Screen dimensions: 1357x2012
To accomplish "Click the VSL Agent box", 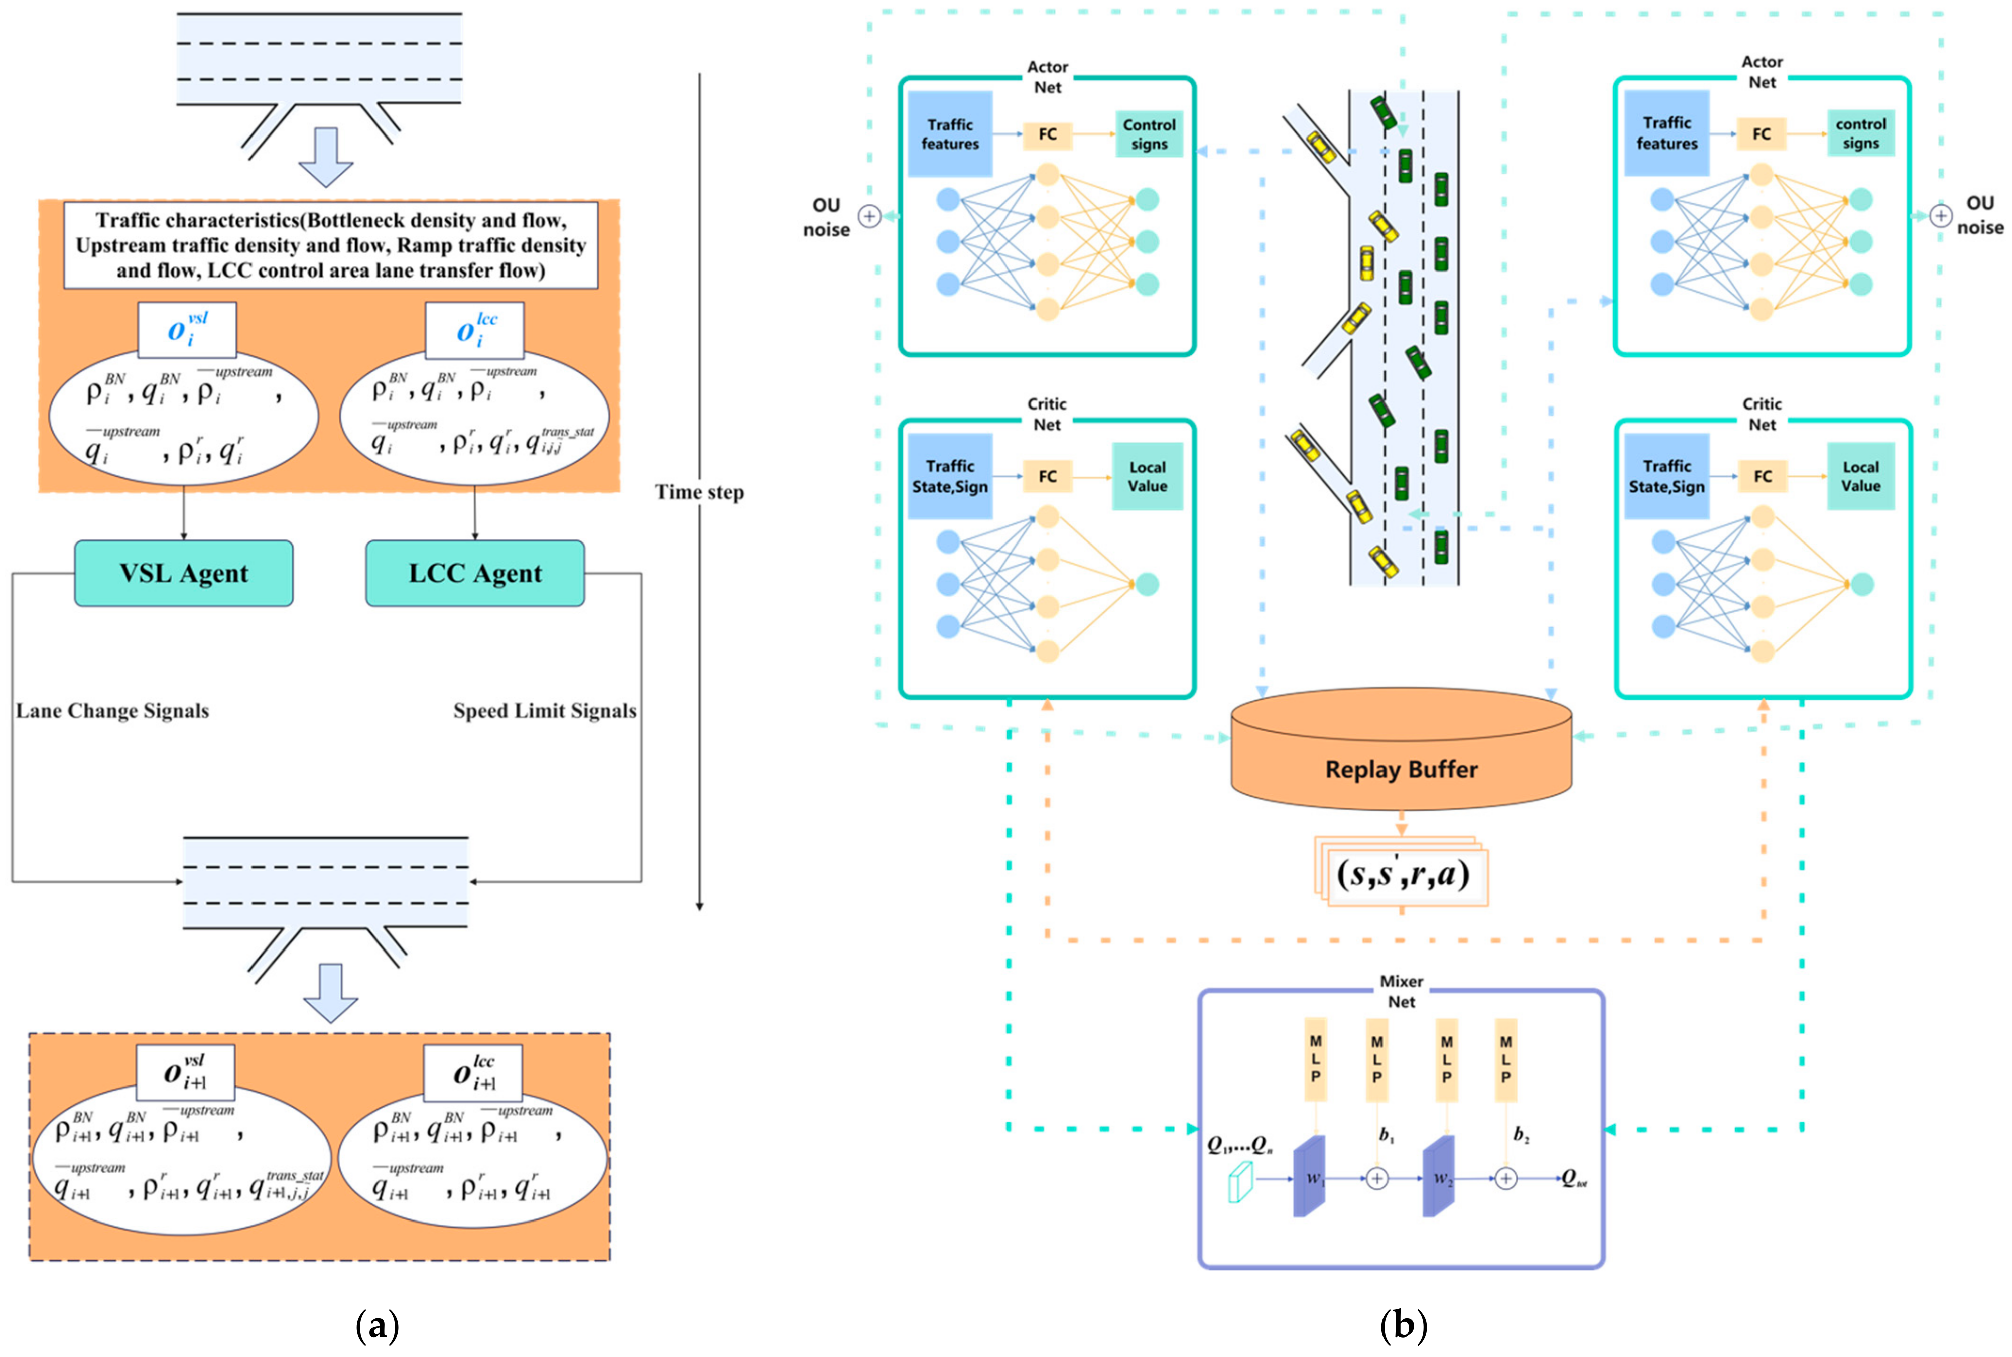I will (x=184, y=573).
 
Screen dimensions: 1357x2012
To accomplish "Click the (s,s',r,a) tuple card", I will (x=1403, y=874).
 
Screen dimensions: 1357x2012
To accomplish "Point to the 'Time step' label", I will (x=699, y=492).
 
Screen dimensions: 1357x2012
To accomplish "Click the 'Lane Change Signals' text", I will (x=112, y=711).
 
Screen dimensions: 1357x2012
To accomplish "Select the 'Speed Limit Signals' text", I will (x=545, y=711).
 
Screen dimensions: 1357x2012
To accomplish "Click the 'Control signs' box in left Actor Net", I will (x=1149, y=134).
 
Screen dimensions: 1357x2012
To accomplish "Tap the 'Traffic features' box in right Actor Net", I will (x=1667, y=133).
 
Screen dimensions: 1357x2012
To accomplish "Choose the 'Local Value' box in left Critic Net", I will (x=1147, y=476).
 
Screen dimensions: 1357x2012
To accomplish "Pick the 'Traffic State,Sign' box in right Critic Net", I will (x=1667, y=476).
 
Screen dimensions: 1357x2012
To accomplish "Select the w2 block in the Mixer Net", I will (x=1439, y=1177).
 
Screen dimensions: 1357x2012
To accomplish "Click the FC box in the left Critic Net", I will (x=1048, y=476).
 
